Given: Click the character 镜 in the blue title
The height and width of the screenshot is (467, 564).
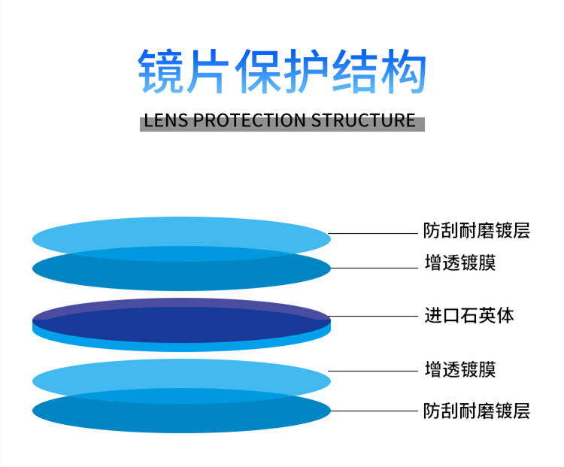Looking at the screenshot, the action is click(x=159, y=71).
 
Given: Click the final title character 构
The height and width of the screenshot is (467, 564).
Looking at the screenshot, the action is click(x=403, y=71).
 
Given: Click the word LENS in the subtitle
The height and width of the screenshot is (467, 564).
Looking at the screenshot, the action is click(x=166, y=120).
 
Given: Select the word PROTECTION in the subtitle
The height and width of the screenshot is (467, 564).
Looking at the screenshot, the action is click(x=249, y=120).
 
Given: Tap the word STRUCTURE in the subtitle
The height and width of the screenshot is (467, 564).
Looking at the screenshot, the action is click(x=363, y=120).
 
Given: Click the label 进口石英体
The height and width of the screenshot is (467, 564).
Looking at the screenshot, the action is click(x=469, y=316).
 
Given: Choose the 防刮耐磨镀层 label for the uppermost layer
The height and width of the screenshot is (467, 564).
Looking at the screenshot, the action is click(x=476, y=231).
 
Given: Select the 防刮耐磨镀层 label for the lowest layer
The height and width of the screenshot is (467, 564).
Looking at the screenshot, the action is click(x=476, y=411).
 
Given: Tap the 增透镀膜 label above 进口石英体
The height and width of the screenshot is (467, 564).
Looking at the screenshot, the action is click(x=460, y=262).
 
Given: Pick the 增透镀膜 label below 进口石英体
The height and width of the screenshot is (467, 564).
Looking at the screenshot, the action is click(x=460, y=369).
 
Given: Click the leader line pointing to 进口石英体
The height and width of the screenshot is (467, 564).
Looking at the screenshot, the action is click(x=373, y=317).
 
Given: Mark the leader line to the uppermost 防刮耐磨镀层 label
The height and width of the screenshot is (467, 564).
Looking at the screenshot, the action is click(x=373, y=233).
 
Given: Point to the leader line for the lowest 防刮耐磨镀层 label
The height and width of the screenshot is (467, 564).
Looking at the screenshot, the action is click(x=374, y=411).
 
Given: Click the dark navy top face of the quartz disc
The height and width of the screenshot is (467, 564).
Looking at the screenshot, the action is click(x=182, y=322).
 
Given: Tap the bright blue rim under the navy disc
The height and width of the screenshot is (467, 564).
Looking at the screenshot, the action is click(x=182, y=347).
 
